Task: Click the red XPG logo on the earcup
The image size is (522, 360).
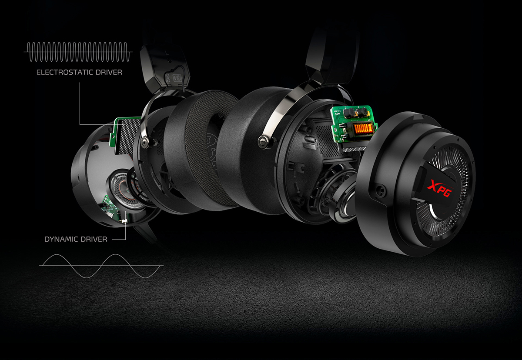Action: [440, 188]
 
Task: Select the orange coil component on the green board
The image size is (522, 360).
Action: [361, 129]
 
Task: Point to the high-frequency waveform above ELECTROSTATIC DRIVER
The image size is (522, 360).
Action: [78, 52]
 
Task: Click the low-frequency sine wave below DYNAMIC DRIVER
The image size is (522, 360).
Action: [101, 266]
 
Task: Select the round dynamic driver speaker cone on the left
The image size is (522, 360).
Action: [124, 189]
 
